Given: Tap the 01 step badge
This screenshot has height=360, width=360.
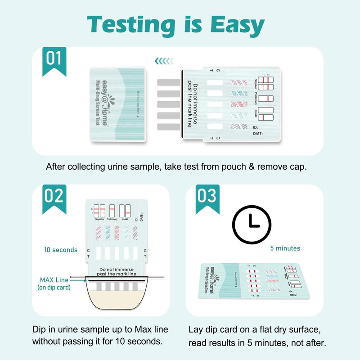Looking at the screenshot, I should pyautogui.click(x=54, y=58).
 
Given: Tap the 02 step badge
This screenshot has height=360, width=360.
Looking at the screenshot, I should pyautogui.click(x=54, y=197).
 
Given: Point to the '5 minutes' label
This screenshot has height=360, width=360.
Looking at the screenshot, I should pyautogui.click(x=285, y=248).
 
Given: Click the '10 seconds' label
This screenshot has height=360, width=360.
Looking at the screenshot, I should pyautogui.click(x=61, y=250).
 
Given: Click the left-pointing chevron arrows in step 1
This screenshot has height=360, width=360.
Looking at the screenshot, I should pyautogui.click(x=164, y=61).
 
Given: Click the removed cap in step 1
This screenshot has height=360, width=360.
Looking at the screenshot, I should pyautogui.click(x=118, y=105).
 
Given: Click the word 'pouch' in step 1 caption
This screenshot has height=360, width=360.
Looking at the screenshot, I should pyautogui.click(x=240, y=166).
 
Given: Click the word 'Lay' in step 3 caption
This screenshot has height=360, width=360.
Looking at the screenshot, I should pyautogui.click(x=197, y=329).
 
